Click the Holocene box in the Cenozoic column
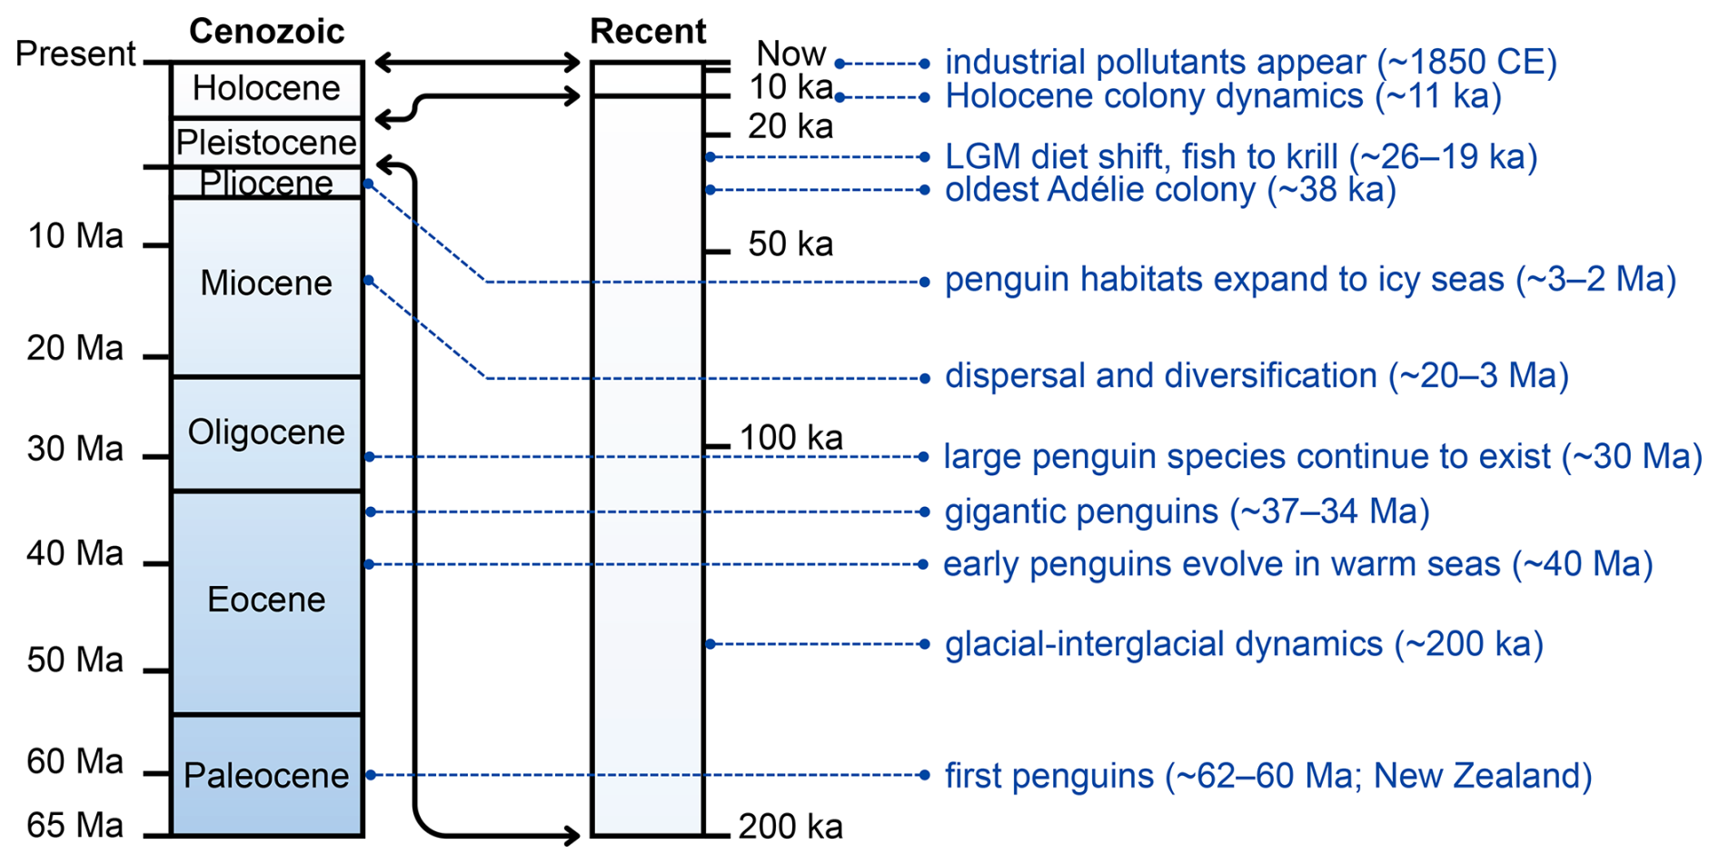[266, 89]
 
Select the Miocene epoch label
[266, 283]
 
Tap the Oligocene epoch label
[266, 432]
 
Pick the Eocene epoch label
[266, 600]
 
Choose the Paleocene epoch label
[266, 776]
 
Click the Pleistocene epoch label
[266, 143]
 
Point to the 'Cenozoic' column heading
[266, 32]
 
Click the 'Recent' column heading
[648, 32]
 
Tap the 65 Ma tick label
[75, 826]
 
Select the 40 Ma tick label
[75, 553]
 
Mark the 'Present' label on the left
[75, 55]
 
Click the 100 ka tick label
[790, 438]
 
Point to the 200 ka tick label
[790, 827]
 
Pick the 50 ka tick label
[790, 244]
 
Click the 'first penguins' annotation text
[1268, 776]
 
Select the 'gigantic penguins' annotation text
[1187, 511]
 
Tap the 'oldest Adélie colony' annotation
[1170, 190]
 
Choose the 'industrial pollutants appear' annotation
[1251, 63]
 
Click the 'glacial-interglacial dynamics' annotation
[1245, 644]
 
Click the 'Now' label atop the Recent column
[791, 55]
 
